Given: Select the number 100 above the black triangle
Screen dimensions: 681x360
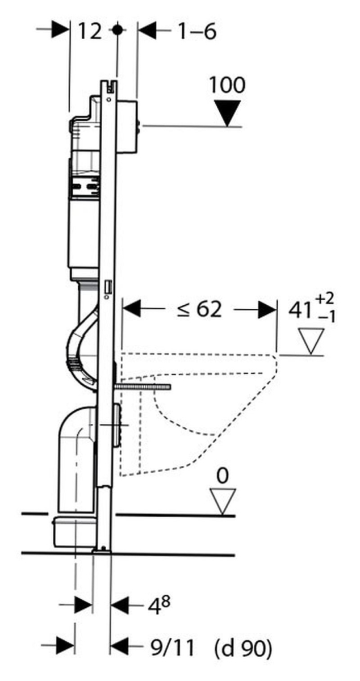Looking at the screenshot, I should pos(227,85).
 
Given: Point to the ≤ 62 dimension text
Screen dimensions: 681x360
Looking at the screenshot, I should pos(198,309).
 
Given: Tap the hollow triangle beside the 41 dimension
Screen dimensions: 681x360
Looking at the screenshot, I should pos(311,341).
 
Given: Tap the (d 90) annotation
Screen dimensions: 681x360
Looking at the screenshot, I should pos(242,645).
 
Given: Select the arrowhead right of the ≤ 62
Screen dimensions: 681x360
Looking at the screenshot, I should pos(266,310).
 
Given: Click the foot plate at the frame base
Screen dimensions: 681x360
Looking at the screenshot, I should pos(103,549).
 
